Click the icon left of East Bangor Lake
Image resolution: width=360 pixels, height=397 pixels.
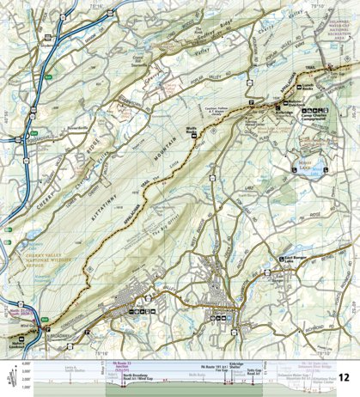(281, 260)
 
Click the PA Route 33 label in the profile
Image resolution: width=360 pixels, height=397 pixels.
(123, 363)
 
